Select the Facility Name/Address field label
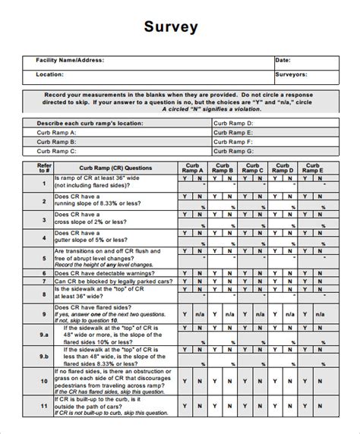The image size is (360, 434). click(70, 60)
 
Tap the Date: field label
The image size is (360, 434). click(282, 60)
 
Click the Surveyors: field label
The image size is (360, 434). click(292, 75)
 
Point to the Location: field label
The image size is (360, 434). click(49, 75)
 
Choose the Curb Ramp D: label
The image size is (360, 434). click(233, 123)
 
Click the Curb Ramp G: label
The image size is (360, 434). click(233, 150)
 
